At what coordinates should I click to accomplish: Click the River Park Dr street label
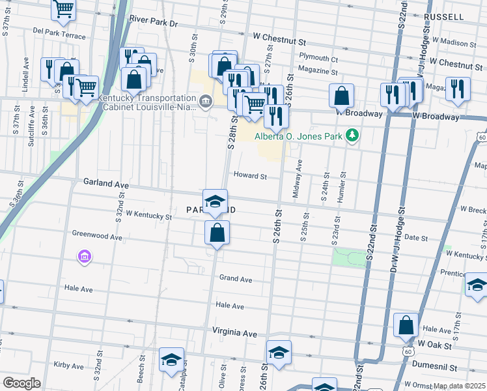coord(153,23)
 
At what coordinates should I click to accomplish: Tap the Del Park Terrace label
coord(59,33)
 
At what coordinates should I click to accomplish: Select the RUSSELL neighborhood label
coord(443,16)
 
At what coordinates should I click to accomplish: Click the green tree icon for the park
coord(352,135)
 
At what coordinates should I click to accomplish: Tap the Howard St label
coord(251,176)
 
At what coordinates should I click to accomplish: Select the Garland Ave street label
coord(106,184)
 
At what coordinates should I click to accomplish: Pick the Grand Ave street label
coord(236,279)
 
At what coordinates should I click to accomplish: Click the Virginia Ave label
coord(234,332)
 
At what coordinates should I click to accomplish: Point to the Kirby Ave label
coord(70,365)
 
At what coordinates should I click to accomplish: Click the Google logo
coord(21,383)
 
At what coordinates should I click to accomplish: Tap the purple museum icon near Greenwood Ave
coord(83,257)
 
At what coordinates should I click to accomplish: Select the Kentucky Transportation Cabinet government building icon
coord(206,101)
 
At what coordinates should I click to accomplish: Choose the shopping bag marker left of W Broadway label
coord(341,96)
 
